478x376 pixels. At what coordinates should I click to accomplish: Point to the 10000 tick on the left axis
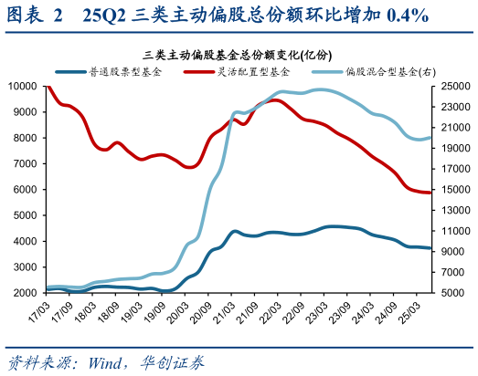[x=23, y=86]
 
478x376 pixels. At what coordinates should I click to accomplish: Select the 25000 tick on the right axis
[x=453, y=86]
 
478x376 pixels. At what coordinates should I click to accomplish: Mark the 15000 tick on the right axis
[x=453, y=190]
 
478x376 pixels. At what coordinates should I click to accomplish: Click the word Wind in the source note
[x=107, y=360]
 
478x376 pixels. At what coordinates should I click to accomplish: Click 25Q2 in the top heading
[x=104, y=16]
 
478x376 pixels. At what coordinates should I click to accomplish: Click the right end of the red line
[x=430, y=193]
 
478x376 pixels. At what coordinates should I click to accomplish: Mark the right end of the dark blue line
[x=430, y=248]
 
